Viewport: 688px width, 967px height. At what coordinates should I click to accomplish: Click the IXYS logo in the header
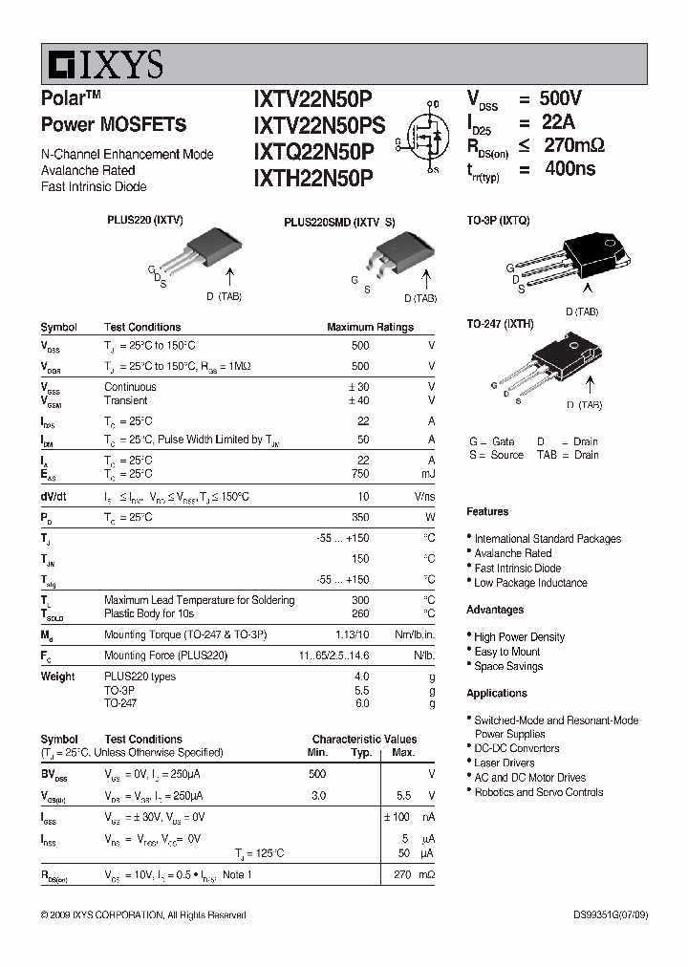tap(105, 64)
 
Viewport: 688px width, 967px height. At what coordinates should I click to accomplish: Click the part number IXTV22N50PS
tap(319, 124)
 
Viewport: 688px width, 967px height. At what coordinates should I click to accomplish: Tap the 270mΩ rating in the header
tap(573, 146)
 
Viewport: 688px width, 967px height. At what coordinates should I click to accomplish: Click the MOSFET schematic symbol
tap(422, 141)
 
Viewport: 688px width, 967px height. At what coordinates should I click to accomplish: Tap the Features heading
tap(487, 512)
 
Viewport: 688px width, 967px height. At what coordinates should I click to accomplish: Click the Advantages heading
tap(495, 610)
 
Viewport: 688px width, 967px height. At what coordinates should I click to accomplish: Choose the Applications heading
tap(497, 693)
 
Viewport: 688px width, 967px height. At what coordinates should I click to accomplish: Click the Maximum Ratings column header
tap(370, 327)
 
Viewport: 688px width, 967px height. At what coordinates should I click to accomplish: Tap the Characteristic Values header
tap(364, 739)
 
